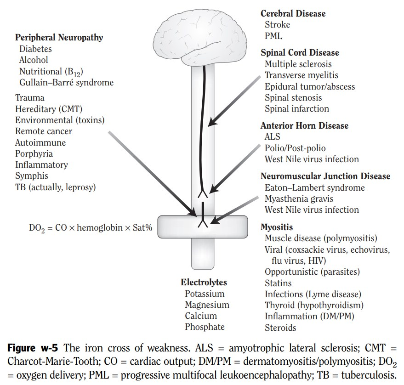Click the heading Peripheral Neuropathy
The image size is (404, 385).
point(59,38)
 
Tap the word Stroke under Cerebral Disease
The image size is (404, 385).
point(277,25)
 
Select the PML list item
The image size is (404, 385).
point(273,36)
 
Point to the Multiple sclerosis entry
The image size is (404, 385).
point(298,64)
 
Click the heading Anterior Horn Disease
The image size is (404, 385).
point(304,125)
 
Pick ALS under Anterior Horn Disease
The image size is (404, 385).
point(272,137)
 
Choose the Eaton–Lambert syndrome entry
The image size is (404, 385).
point(314,187)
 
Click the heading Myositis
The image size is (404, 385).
point(276,227)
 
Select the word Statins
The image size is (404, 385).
point(278,283)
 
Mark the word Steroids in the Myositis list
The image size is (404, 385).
point(280,328)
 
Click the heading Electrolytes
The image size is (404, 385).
point(204,283)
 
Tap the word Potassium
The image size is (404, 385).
point(205,294)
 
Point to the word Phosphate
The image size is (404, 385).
point(205,327)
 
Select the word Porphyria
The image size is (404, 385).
point(34,153)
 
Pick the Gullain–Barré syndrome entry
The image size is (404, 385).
point(66,83)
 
